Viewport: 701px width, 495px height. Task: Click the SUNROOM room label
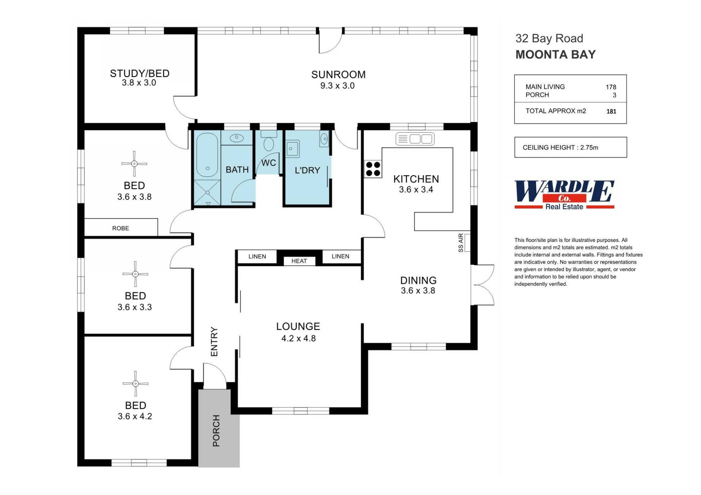coord(338,74)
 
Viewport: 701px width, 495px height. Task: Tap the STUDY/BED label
coord(139,73)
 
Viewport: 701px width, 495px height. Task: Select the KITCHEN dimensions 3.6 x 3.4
coord(416,190)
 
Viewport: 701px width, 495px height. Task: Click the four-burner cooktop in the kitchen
coord(373,169)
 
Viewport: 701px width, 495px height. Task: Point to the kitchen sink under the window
coord(415,139)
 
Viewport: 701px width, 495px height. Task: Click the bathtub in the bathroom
coord(207,155)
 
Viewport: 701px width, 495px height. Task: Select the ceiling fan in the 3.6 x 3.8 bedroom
coord(134,164)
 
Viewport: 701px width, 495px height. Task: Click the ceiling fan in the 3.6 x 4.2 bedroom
coord(135,384)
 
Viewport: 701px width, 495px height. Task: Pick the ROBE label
coord(120,228)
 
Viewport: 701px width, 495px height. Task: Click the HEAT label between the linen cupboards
coord(299,261)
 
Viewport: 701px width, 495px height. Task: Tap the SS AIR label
coord(461,243)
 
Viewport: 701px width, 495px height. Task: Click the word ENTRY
coord(214,341)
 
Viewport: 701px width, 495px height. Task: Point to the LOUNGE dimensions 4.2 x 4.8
coord(298,339)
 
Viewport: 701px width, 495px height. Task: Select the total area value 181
coord(611,112)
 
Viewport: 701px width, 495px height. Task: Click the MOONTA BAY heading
coord(555,55)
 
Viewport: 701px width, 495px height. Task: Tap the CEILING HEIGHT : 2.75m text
coord(560,147)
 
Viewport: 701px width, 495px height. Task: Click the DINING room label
coord(418,280)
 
